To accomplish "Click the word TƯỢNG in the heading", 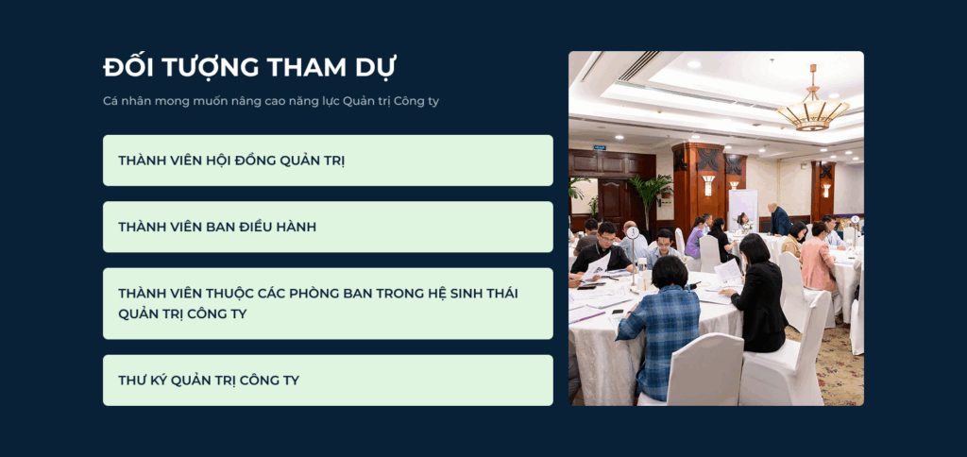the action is point(205,67).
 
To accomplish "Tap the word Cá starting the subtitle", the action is point(110,101).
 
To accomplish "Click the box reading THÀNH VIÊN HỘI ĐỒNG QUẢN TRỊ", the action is point(328,161).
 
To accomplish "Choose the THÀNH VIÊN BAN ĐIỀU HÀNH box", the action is point(328,227).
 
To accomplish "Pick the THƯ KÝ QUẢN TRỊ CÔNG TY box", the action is point(328,380).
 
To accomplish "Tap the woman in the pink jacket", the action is point(819,257).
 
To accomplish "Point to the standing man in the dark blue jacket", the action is point(779,219).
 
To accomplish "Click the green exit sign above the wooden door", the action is point(600,148).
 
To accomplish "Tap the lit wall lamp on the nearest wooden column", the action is point(708,184).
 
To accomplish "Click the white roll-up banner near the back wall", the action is point(742,206).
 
